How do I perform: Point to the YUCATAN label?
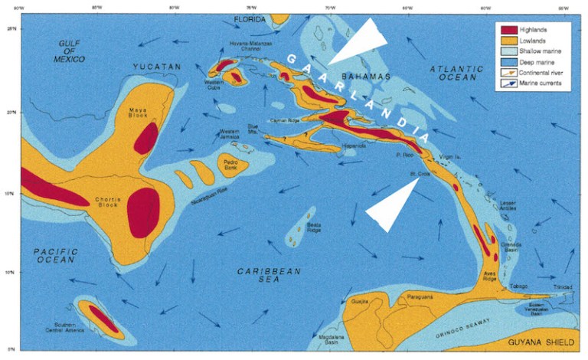pyautogui.click(x=156, y=68)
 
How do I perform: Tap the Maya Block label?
pyautogui.click(x=138, y=113)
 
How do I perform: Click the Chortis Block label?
pyautogui.click(x=109, y=201)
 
